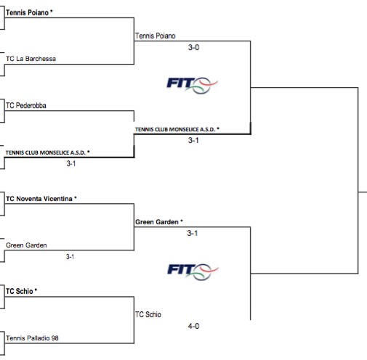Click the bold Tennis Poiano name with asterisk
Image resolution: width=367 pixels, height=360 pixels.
[x=29, y=12]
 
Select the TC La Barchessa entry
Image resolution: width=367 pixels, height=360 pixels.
[x=31, y=59]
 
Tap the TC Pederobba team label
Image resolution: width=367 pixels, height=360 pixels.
[x=26, y=105]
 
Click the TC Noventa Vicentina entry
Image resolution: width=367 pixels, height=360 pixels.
[x=41, y=199]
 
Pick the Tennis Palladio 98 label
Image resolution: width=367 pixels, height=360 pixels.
[x=32, y=338]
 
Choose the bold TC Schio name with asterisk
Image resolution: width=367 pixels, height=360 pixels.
[x=21, y=291]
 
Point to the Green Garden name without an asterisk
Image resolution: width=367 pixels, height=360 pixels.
[x=26, y=245]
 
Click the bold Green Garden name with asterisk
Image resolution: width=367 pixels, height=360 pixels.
[x=159, y=222]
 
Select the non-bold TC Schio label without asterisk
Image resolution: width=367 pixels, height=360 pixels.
[x=148, y=314]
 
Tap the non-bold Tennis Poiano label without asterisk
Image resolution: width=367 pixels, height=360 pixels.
[x=156, y=36]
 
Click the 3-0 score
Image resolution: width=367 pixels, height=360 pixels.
[x=193, y=47]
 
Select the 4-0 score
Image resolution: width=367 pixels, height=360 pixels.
[x=193, y=326]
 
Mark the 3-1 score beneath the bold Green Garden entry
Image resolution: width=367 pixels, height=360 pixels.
[x=193, y=233]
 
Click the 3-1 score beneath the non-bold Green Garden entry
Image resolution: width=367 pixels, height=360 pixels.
[x=70, y=257]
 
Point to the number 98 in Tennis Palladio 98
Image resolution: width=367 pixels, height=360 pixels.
[x=55, y=338]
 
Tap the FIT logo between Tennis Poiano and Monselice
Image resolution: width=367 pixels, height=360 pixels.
[x=193, y=86]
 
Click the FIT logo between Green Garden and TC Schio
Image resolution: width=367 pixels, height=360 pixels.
[x=193, y=271]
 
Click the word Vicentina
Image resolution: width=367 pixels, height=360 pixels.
[x=58, y=199]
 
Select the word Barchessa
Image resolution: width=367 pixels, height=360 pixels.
[x=41, y=59]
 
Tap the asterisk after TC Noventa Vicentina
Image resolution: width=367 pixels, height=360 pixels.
[x=76, y=197]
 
